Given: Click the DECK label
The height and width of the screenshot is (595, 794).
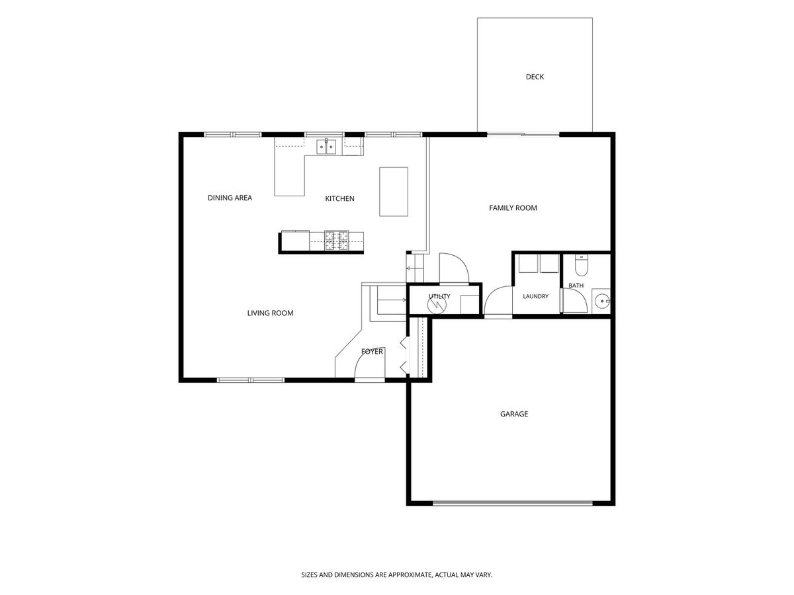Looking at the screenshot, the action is click(534, 77).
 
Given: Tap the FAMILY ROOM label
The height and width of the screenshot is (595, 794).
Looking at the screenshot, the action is click(513, 208).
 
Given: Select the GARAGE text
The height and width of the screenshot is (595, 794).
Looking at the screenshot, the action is click(513, 414).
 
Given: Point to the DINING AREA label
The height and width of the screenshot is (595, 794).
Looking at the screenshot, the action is click(230, 198).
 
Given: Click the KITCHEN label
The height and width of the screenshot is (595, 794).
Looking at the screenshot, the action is click(339, 198).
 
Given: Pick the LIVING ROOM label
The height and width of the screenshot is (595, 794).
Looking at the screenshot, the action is click(270, 313).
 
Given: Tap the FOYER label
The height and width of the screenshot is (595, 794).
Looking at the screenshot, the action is click(372, 351).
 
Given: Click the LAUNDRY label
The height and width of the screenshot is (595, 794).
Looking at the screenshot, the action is click(535, 296).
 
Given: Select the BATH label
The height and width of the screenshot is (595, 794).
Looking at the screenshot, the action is click(576, 286).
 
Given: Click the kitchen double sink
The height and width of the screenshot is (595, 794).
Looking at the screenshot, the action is click(326, 147).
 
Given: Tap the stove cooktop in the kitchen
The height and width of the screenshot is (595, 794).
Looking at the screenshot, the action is click(337, 240).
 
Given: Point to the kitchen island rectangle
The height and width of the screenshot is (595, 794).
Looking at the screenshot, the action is click(393, 192).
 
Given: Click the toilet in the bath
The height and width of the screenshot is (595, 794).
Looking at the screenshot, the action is click(582, 265).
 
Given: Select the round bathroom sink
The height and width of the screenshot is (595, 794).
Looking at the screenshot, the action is click(601, 301).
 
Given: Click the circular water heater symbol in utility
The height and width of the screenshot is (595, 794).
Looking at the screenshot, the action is click(437, 305).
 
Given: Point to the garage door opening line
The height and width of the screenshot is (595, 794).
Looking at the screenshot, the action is click(512, 502).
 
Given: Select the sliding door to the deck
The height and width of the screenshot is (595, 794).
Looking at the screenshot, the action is click(523, 134).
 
